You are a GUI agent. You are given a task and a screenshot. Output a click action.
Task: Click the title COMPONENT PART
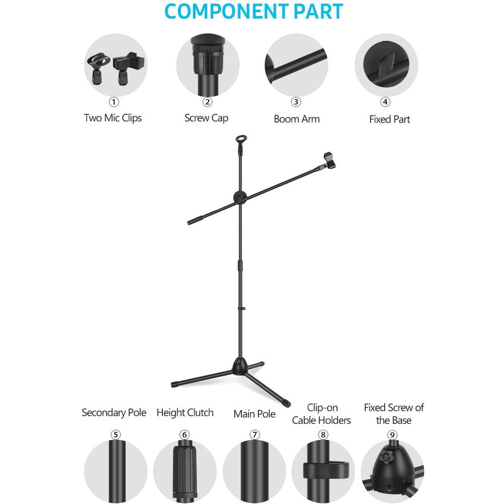[x=254, y=12]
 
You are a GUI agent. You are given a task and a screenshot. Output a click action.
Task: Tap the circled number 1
[x=114, y=102]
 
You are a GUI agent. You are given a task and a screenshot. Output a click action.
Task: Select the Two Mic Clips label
[x=113, y=118]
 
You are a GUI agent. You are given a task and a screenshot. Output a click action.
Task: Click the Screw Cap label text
[x=206, y=118]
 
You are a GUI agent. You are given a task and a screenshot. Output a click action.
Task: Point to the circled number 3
[x=296, y=102]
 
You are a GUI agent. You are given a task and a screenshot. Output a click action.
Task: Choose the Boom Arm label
[x=296, y=119]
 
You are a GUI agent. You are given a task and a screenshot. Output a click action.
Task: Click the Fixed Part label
[x=390, y=119]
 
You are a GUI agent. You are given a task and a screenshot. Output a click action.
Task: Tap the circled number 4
[x=386, y=102]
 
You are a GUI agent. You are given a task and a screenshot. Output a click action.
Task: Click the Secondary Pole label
[x=114, y=413]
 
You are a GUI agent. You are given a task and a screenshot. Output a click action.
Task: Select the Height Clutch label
[x=185, y=413]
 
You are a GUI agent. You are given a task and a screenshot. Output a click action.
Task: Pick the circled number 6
[x=185, y=434]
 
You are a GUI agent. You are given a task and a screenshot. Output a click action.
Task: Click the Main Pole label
[x=255, y=414]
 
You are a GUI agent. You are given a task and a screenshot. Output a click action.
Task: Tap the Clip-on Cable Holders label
[x=322, y=414]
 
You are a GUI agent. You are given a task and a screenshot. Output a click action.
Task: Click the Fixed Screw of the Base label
[x=394, y=414]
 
